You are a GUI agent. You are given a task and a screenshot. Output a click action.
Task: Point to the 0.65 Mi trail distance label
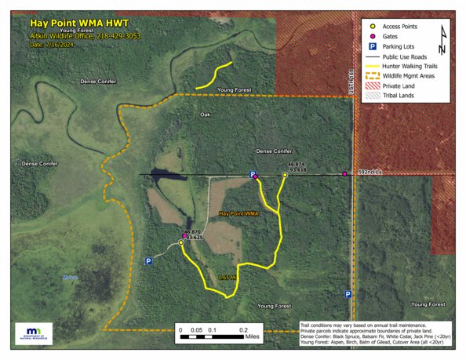pos(228,278)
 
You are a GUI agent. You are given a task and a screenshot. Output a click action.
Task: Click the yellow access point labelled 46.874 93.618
pos(285,175)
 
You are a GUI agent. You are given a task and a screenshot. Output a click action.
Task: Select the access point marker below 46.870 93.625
pos(181,243)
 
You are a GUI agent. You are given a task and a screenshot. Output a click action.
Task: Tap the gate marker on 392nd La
pos(344,173)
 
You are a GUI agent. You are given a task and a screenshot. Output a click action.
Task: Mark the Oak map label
pos(206,115)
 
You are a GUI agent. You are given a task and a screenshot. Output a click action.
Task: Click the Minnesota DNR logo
pos(34,333)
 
